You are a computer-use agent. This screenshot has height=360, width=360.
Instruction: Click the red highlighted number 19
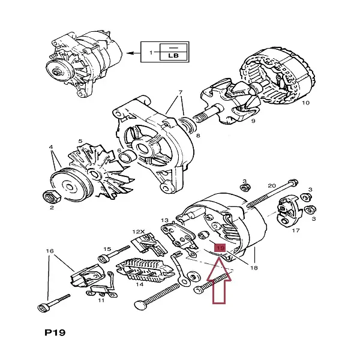click(x=220, y=247)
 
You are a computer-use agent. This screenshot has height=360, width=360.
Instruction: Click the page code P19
click(x=55, y=332)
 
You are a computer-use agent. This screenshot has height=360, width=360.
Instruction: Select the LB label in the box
click(x=173, y=56)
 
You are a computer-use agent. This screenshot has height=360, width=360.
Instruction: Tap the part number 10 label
click(x=305, y=103)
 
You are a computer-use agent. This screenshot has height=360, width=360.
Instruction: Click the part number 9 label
click(x=253, y=121)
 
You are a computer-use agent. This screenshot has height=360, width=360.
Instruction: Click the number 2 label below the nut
click(x=52, y=208)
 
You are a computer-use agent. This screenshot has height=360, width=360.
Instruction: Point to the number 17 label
click(x=295, y=230)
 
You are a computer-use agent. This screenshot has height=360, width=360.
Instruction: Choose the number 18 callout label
click(x=254, y=268)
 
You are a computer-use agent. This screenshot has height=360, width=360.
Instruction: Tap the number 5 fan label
click(x=80, y=141)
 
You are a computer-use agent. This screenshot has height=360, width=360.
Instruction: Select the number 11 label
click(x=101, y=300)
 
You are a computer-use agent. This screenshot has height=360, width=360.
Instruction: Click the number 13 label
click(x=165, y=221)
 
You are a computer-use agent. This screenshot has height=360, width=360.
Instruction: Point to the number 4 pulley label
click(x=52, y=146)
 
